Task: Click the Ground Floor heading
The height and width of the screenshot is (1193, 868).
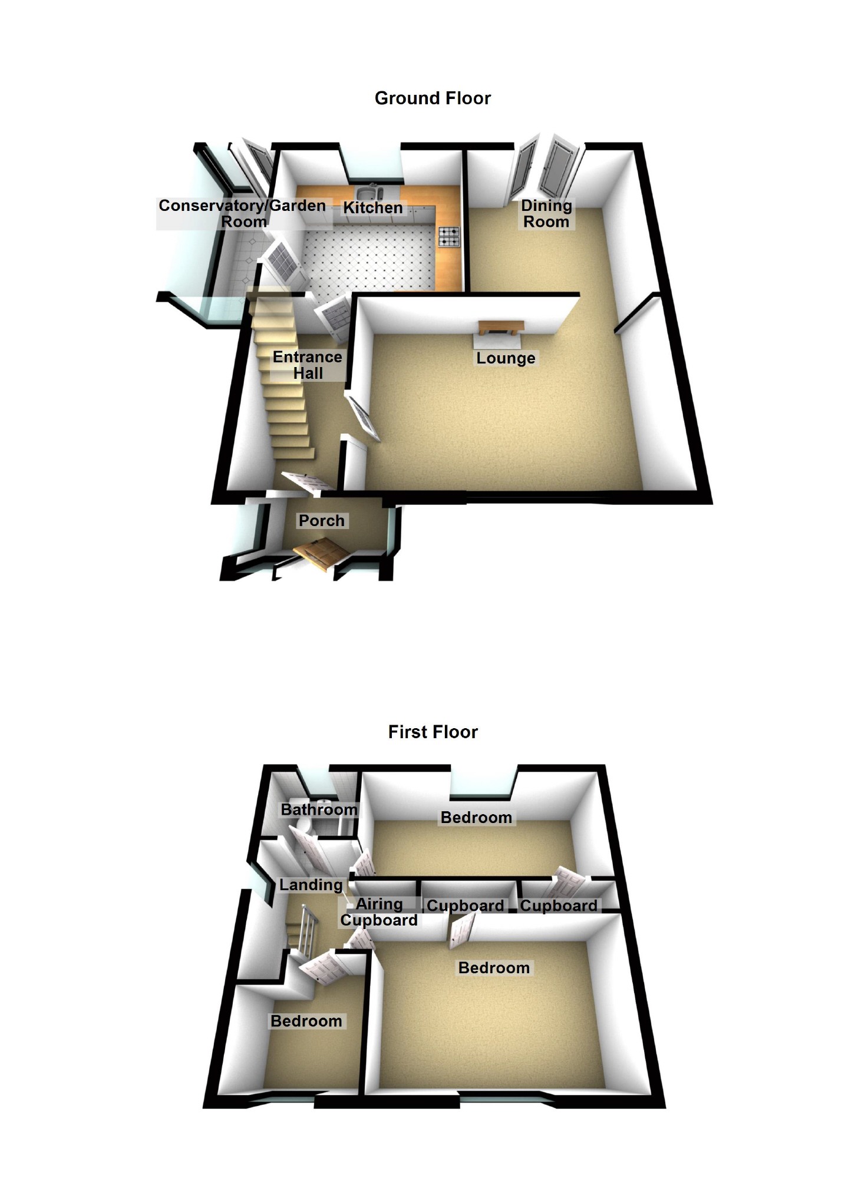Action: coord(433,98)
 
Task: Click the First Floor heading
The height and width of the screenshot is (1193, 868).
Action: coord(433,732)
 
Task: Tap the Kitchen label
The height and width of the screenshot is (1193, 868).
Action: coord(372,207)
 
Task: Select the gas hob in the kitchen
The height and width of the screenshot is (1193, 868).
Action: coord(448,236)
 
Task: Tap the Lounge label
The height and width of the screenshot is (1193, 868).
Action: coord(506,358)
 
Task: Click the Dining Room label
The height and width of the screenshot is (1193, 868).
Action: coord(546,214)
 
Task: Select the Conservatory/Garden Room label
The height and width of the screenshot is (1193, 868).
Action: coord(242,213)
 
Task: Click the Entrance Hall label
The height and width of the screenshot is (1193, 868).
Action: coord(307,365)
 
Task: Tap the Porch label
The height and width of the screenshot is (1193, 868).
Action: coord(321,521)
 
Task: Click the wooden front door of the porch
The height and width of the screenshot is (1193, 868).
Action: coord(322,554)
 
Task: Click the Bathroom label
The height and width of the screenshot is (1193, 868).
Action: coord(319,809)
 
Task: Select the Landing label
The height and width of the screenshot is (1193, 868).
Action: coord(311,884)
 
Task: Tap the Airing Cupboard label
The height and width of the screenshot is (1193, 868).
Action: coord(379,912)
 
